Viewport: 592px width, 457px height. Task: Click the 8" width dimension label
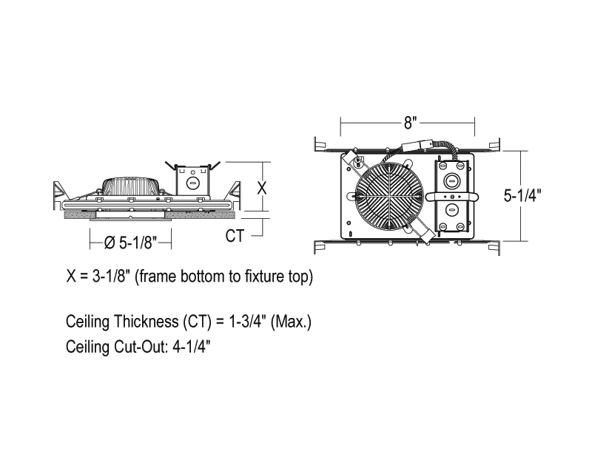point(410,123)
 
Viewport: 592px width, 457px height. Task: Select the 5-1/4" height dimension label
point(522,195)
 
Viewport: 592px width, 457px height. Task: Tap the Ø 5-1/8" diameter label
point(130,243)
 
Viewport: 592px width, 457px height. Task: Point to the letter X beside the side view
point(262,188)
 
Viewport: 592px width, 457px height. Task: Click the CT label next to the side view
point(235,236)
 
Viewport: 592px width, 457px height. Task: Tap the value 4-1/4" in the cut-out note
point(191,346)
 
